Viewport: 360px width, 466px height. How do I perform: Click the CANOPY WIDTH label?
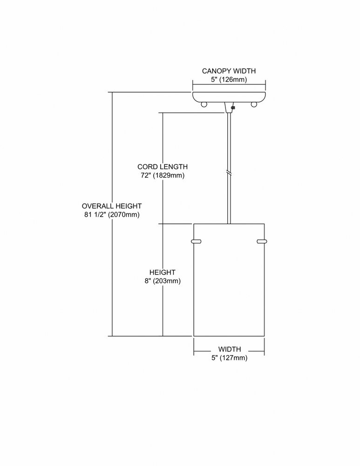(229, 71)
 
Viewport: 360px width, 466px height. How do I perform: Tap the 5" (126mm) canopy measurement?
(229, 80)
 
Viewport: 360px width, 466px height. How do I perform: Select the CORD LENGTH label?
(163, 167)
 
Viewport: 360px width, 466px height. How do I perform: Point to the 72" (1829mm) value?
(163, 175)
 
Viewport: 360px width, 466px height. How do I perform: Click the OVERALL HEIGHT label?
(112, 206)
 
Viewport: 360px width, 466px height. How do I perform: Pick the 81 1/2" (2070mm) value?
(112, 214)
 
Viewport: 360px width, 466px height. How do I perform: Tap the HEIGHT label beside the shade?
(163, 272)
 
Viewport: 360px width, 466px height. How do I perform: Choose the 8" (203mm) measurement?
(163, 281)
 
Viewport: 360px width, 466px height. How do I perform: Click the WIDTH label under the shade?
(230, 349)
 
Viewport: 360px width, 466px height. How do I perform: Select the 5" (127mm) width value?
(229, 358)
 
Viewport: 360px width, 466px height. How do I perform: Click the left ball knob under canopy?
(204, 104)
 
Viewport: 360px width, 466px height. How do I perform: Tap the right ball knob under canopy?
(254, 104)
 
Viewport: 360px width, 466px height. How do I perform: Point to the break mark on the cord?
(229, 172)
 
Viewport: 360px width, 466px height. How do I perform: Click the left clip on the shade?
(196, 241)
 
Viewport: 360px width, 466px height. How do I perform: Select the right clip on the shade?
(262, 241)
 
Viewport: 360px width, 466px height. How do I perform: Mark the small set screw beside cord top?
(233, 108)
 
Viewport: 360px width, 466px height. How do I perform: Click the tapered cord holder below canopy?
(228, 108)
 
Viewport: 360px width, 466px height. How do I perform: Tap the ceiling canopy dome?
(229, 97)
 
